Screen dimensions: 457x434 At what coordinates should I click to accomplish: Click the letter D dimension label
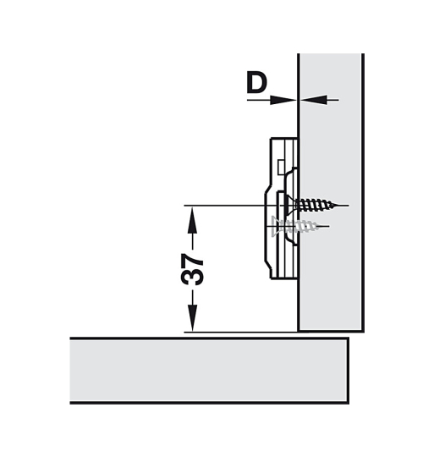coord(256,83)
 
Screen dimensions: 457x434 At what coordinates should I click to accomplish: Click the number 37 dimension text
coord(193,267)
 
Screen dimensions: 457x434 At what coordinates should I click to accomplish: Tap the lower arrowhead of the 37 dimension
coord(193,321)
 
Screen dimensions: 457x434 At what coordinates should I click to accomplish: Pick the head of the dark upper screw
coord(290,203)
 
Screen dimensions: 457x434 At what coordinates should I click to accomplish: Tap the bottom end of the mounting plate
coord(282,277)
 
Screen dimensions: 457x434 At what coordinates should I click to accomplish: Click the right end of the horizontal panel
coord(347,370)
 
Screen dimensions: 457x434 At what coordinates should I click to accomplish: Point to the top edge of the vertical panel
coord(331,55)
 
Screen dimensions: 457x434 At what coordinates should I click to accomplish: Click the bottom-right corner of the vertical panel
coord(362,329)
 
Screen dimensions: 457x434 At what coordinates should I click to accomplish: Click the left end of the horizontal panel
coord(72,370)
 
